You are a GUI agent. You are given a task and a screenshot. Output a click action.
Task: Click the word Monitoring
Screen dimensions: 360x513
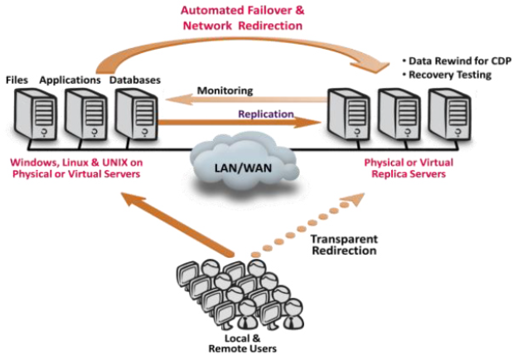tap(225, 90)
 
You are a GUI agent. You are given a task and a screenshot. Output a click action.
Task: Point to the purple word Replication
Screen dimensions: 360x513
tap(266, 114)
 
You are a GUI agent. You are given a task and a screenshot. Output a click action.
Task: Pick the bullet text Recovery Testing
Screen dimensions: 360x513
tap(448, 75)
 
